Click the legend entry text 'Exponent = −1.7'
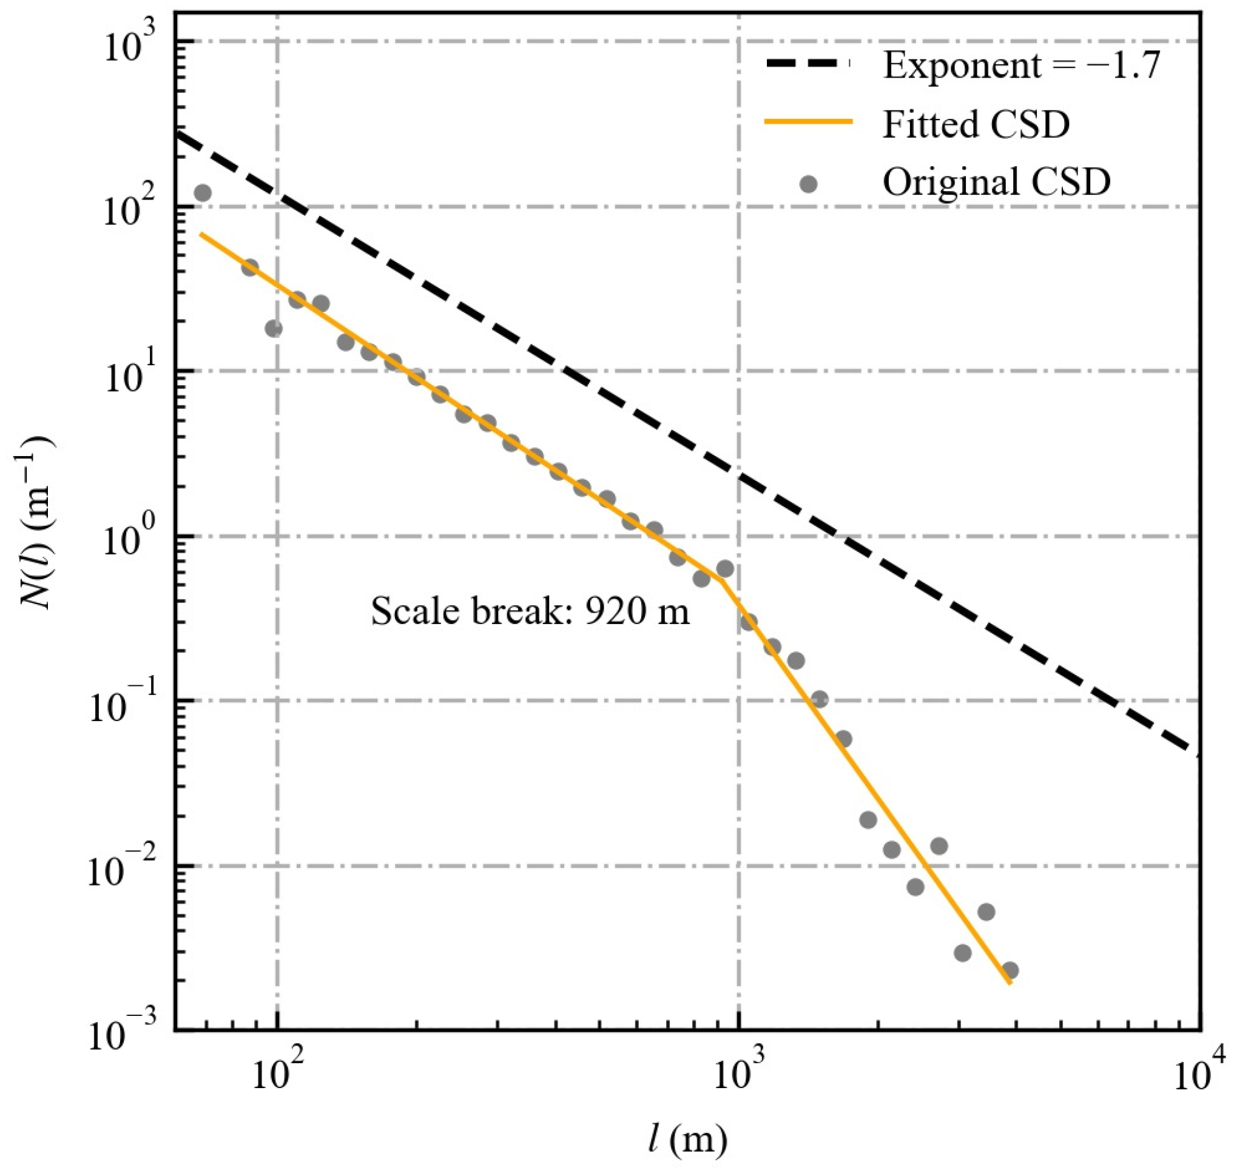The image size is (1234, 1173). pos(1021,65)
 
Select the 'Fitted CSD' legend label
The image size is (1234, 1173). pos(976,124)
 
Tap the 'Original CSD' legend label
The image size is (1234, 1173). pos(996,183)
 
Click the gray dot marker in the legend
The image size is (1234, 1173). pos(809,184)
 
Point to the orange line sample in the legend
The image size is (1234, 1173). pos(808,123)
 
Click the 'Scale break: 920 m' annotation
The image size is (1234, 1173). pos(530,611)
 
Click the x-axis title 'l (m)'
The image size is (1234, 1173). pos(687,1140)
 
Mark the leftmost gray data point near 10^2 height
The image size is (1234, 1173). pos(202,193)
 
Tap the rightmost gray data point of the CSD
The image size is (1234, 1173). pos(1010,970)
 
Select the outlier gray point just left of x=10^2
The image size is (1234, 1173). pos(274,328)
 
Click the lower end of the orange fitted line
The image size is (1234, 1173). pos(1010,984)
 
